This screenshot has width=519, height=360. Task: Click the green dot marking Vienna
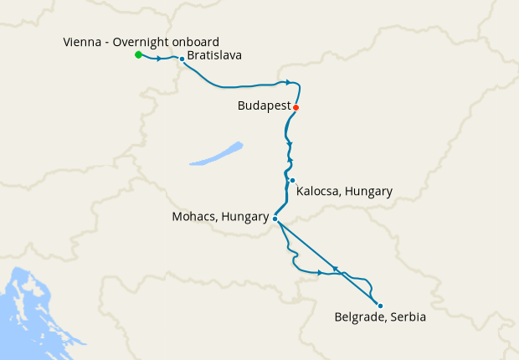(138, 55)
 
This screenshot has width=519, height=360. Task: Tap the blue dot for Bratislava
(182, 59)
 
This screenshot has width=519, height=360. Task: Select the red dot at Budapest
(295, 107)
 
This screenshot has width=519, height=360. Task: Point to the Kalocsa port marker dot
(292, 181)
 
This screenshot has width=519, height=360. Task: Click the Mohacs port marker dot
(275, 219)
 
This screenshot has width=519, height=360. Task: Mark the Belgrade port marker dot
(379, 306)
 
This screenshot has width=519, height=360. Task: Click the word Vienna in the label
(83, 42)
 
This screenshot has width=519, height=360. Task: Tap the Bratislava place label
(215, 56)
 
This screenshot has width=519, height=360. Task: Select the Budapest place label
(264, 107)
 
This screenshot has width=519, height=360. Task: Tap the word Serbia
(408, 317)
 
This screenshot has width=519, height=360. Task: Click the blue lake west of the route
(216, 153)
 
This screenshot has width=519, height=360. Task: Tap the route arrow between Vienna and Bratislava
(158, 59)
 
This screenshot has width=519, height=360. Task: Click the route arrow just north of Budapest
(288, 82)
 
